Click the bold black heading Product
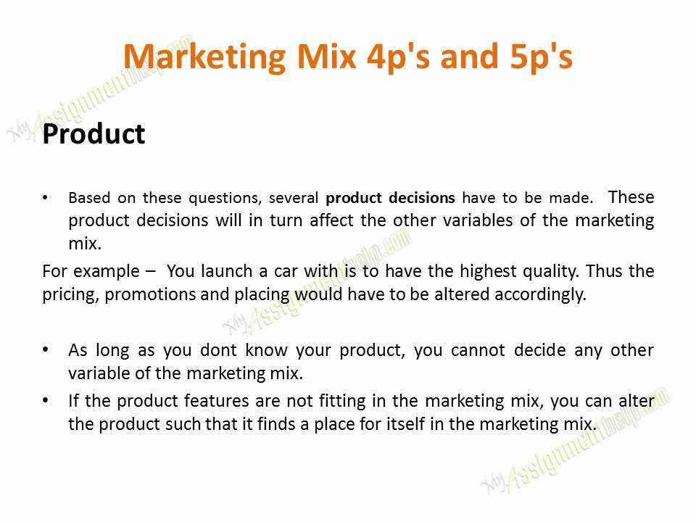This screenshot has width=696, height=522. click(94, 135)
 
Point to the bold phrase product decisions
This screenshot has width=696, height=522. click(391, 198)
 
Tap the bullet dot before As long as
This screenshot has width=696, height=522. click(47, 350)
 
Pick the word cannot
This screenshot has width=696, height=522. click(478, 350)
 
